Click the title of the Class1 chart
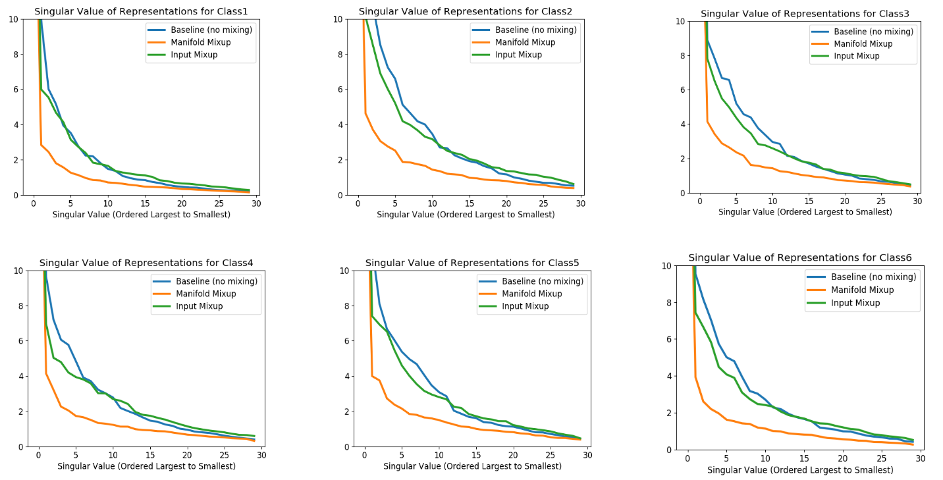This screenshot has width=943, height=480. click(x=142, y=11)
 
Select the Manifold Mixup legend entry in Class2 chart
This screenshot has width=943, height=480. click(x=525, y=42)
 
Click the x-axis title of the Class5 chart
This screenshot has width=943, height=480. click(x=472, y=466)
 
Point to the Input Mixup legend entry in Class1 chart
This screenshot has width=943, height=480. click(x=194, y=55)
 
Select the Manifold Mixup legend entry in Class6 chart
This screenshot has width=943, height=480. click(x=862, y=290)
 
